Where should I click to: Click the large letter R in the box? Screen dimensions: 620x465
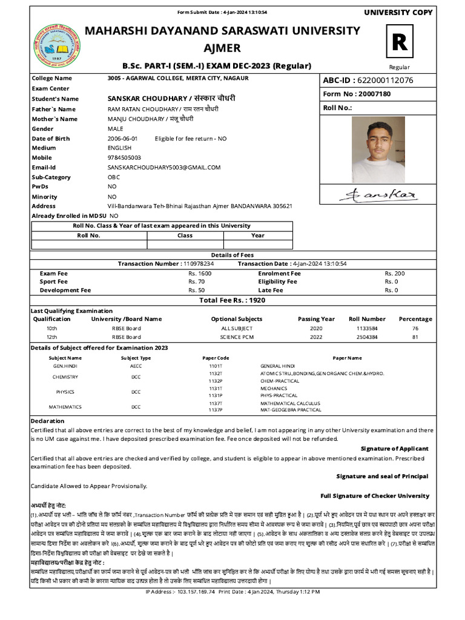coord(400,42)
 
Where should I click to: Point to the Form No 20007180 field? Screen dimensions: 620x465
coord(357,94)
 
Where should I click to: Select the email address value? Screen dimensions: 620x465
coord(164,167)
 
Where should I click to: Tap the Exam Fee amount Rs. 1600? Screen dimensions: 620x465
coord(200,274)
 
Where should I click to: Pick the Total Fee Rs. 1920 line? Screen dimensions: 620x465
coord(232,300)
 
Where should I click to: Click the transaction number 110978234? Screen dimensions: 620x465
coord(197,264)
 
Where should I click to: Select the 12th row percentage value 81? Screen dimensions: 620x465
coord(415,337)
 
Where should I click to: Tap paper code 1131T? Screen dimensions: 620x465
coord(216,388)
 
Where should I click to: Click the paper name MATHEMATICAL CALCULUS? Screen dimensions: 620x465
coord(290,403)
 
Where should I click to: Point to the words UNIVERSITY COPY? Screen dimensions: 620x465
coord(398,13)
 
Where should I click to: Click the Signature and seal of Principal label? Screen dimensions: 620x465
coord(382,477)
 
